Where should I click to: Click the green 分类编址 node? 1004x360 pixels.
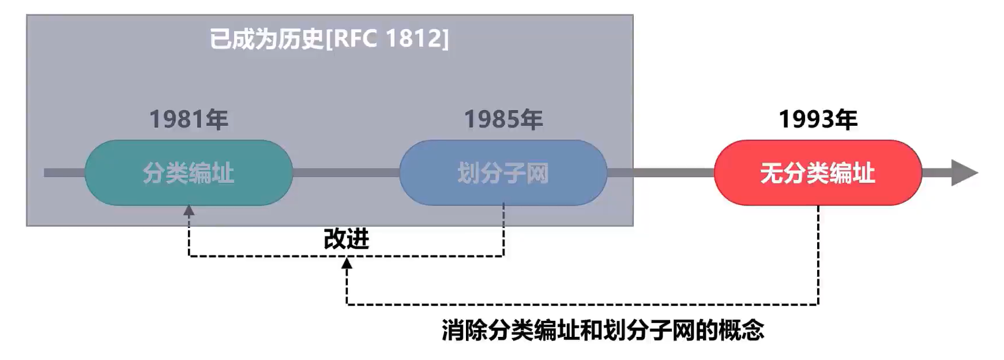(189, 172)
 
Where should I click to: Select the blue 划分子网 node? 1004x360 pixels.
(503, 172)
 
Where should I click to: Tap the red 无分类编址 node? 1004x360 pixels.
(818, 172)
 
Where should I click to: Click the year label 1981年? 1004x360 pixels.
(189, 119)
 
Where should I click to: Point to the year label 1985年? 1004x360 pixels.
(503, 119)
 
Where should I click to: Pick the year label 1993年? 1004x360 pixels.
(818, 119)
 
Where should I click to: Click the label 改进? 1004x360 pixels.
(346, 239)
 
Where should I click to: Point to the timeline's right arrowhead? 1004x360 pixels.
(964, 172)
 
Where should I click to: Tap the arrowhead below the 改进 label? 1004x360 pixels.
(347, 263)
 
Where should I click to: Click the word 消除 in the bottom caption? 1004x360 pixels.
(465, 331)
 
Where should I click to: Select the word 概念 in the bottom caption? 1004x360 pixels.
(742, 331)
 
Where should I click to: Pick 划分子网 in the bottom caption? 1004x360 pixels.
(649, 331)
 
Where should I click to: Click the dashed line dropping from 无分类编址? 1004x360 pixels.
(818, 254)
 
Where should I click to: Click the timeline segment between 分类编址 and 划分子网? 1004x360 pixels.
(346, 172)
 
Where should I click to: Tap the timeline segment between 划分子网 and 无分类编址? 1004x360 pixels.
(661, 172)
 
